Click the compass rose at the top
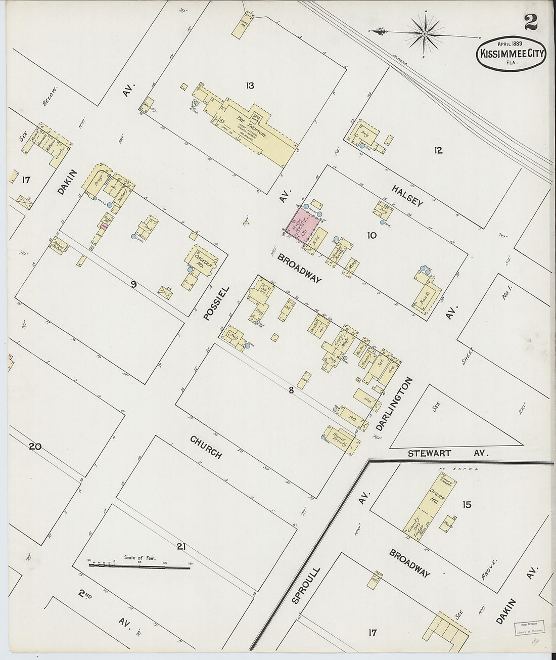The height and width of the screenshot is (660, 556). (x=425, y=34)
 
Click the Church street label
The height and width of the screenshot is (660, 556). (x=206, y=447)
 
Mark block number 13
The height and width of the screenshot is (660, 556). (x=250, y=85)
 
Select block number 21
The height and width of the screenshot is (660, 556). (x=182, y=546)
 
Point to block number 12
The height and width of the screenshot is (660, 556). (x=438, y=150)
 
